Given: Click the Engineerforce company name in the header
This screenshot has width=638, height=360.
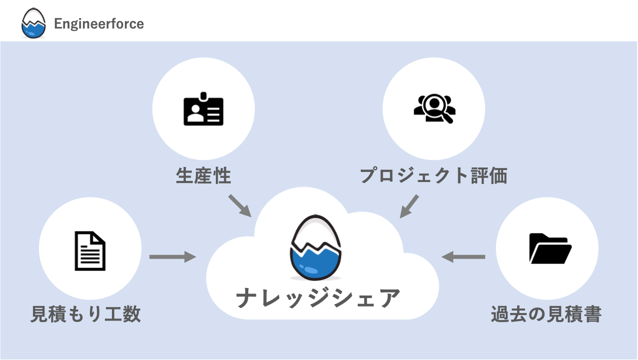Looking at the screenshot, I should [x=98, y=23].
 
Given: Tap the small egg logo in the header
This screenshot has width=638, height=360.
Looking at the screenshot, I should [x=33, y=23].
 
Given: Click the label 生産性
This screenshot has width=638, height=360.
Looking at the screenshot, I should [x=203, y=175].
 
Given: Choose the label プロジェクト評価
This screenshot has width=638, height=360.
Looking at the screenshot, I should [x=434, y=175].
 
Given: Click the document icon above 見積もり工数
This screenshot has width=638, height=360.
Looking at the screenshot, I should [x=90, y=250].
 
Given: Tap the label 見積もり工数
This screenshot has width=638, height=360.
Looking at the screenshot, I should [x=85, y=314].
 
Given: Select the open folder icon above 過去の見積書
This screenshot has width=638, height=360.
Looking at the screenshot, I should [x=549, y=248].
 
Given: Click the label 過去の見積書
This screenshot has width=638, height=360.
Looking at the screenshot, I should [x=546, y=314].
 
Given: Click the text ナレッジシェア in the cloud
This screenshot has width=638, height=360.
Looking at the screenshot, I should [x=318, y=298].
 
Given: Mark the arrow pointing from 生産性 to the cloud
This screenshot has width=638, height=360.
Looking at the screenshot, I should [x=239, y=205].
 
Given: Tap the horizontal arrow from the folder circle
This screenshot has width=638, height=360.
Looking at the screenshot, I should [x=463, y=257].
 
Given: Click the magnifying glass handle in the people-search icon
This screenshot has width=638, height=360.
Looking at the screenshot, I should [x=448, y=118].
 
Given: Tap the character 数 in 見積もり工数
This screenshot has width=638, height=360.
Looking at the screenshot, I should [x=130, y=314].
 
